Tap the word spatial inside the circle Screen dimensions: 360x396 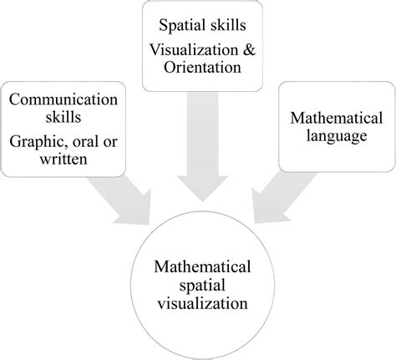(200, 286)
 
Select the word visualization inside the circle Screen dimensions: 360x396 (200, 304)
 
